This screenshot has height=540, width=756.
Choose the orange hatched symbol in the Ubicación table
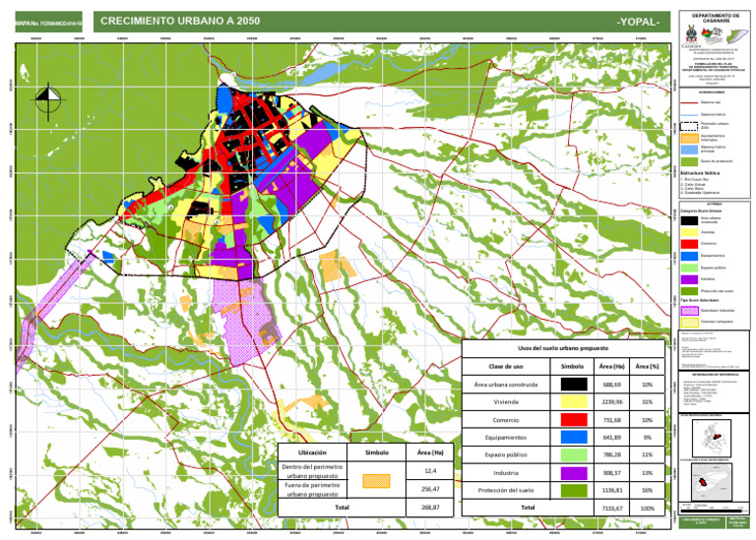377,481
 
